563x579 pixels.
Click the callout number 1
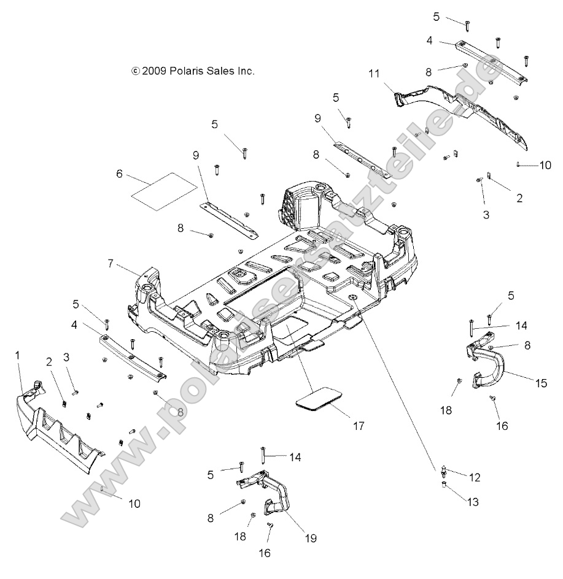[18, 355]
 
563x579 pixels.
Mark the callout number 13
[472, 502]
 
